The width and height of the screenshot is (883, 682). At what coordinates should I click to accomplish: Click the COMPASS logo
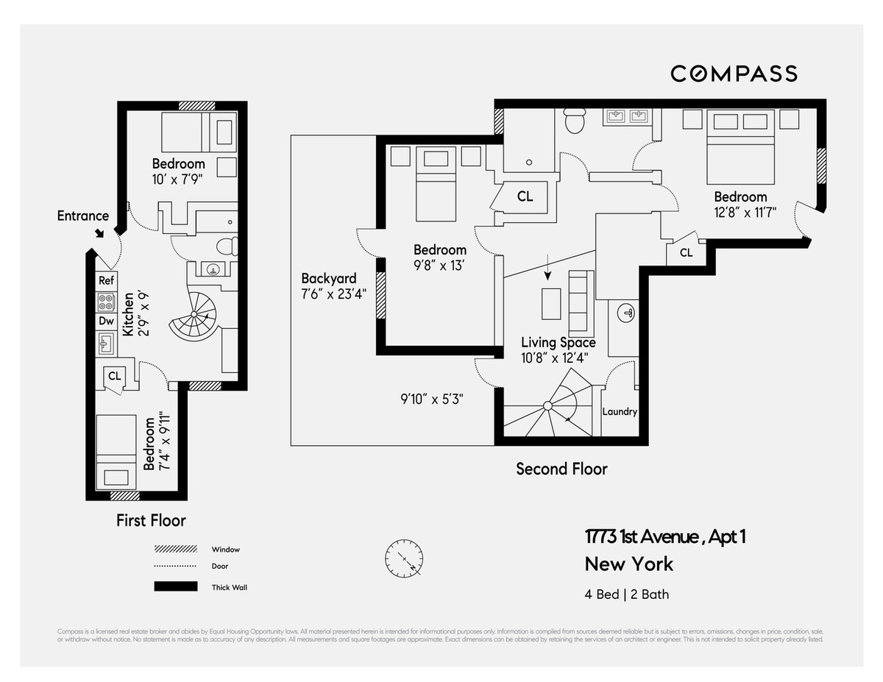click(x=734, y=74)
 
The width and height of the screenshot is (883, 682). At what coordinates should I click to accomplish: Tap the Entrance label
click(x=82, y=216)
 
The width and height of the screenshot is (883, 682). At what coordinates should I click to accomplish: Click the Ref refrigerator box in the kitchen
click(x=106, y=280)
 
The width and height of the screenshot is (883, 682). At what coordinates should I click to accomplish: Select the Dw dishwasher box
click(x=106, y=321)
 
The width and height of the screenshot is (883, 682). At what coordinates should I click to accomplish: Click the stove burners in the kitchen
click(x=106, y=302)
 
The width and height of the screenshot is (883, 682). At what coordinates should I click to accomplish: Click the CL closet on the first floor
click(x=114, y=375)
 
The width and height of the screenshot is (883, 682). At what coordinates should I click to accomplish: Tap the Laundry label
click(x=620, y=411)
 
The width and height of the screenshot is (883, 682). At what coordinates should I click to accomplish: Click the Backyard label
click(x=328, y=279)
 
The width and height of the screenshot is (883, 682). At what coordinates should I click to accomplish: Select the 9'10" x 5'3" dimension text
click(x=432, y=399)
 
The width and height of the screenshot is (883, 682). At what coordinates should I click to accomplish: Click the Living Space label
click(x=558, y=343)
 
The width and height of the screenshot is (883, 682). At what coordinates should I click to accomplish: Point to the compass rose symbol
click(x=403, y=559)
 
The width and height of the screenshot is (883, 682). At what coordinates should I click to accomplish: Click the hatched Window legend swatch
click(x=176, y=550)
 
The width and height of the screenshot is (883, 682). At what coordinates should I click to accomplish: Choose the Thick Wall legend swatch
click(x=176, y=587)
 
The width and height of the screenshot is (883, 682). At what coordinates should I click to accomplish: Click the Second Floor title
click(x=561, y=469)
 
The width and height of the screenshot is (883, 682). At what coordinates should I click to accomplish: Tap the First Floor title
click(x=151, y=520)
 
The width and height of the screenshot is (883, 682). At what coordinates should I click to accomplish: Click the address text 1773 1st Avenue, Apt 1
click(x=665, y=537)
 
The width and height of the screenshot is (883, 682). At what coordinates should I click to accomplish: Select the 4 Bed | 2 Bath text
click(x=626, y=594)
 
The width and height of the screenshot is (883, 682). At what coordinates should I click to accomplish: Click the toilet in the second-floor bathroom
click(x=573, y=119)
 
